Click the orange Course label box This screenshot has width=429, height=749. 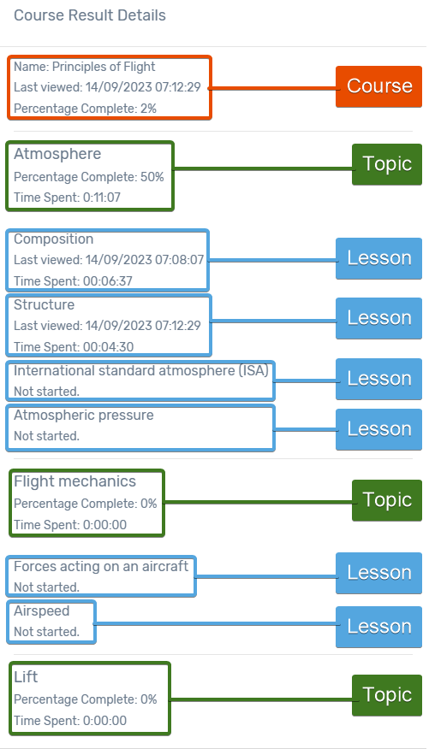coord(378,86)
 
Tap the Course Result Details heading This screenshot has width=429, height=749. coord(90,15)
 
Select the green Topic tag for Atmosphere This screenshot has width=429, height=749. coord(387,164)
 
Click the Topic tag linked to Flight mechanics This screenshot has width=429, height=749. coord(387,500)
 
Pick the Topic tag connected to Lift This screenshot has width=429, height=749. coord(387,695)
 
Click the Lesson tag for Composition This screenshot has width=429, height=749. coord(378,258)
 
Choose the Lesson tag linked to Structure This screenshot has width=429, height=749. coord(378,318)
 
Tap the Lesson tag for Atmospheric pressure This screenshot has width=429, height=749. coord(378,429)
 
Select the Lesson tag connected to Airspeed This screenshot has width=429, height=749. coord(378,627)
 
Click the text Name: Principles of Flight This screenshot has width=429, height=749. coord(84,67)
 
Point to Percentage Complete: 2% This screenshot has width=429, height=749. coord(85,109)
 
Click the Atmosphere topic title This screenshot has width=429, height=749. coord(57,154)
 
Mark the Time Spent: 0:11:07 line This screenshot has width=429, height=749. coord(67,198)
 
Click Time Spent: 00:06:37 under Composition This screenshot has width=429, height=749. coord(73,280)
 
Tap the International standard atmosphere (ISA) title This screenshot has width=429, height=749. coord(141,371)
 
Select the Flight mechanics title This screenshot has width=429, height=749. coord(75,481)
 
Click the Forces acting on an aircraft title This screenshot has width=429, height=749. coord(101,567)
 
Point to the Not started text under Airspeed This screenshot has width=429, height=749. coord(46,632)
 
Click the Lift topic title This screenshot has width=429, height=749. coord(26,677)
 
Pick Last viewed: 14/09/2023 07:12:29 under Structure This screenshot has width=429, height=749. coord(107,326)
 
